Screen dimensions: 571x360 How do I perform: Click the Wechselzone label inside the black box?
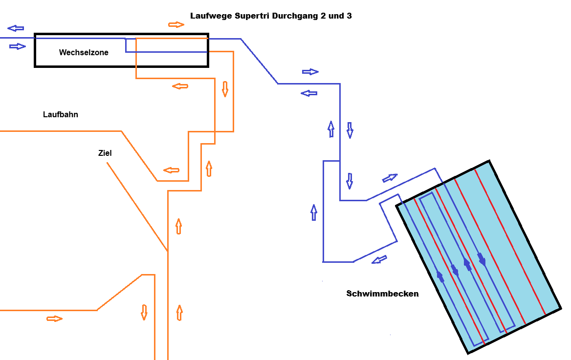click(84, 52)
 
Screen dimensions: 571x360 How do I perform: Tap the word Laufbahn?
click(61, 115)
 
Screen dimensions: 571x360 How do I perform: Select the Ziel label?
click(105, 153)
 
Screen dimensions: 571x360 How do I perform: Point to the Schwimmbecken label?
click(382, 294)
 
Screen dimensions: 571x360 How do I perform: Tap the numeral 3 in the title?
click(349, 16)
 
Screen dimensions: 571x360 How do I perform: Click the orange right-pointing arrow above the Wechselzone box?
click(176, 25)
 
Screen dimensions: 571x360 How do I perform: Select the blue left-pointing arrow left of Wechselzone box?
click(16, 28)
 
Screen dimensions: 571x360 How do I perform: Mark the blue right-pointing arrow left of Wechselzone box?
click(18, 46)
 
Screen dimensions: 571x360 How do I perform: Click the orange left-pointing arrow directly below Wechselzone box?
click(180, 86)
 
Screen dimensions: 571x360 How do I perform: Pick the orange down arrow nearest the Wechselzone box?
click(225, 89)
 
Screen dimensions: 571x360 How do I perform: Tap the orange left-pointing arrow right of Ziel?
click(171, 170)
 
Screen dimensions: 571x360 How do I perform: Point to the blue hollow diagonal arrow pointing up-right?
click(390, 178)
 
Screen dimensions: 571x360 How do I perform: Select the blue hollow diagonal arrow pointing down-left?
click(379, 259)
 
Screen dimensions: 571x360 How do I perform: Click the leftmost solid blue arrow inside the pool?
click(440, 276)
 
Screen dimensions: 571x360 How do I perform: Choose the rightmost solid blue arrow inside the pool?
click(482, 259)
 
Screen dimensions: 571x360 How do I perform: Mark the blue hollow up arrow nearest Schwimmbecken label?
click(313, 212)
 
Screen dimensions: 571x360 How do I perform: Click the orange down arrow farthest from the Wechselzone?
click(144, 312)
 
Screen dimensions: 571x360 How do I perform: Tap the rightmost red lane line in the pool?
click(510, 241)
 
